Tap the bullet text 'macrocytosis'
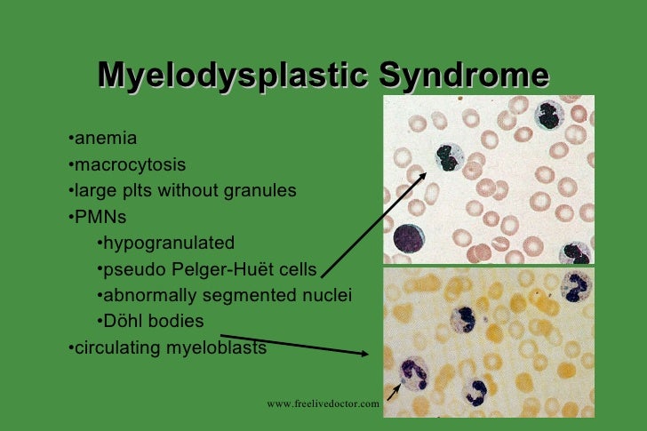[x=130, y=164]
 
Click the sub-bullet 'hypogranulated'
[x=168, y=243]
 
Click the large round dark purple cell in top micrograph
[x=411, y=238]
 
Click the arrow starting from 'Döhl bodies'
[x=293, y=345]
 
